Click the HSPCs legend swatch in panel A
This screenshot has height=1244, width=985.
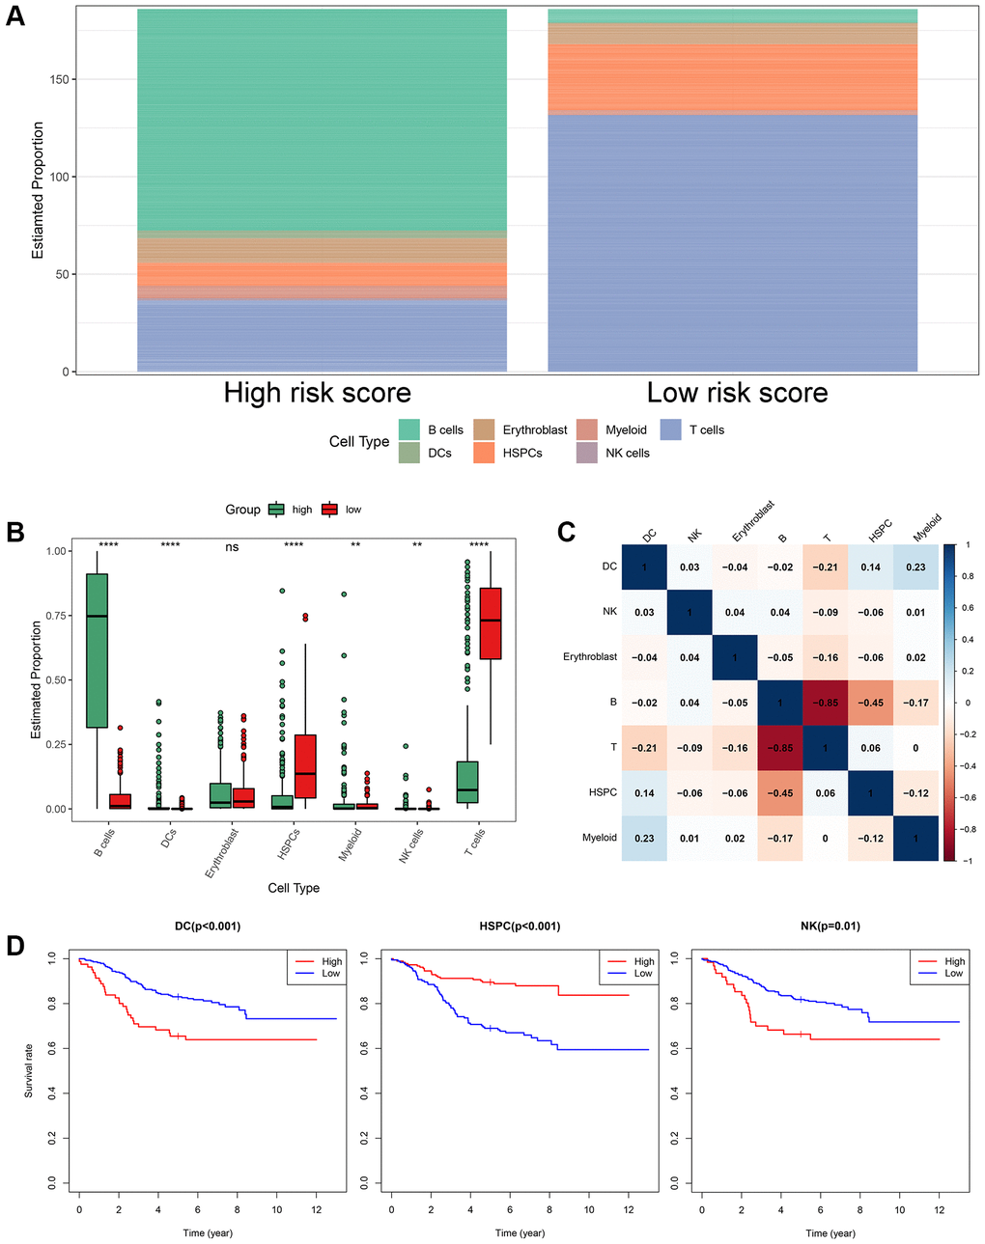click(x=484, y=453)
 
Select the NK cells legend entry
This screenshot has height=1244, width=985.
click(x=627, y=453)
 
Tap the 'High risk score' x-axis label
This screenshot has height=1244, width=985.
click(x=317, y=393)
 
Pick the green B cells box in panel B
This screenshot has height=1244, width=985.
click(x=97, y=650)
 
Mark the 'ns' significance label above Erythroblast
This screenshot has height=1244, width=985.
click(x=232, y=547)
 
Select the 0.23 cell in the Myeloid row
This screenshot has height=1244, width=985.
click(x=644, y=839)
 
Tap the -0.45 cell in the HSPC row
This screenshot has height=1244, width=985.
click(x=780, y=793)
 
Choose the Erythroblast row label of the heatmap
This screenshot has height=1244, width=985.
click(x=589, y=657)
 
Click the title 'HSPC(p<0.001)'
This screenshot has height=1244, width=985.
click(x=520, y=926)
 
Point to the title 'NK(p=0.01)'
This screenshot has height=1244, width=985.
click(x=830, y=926)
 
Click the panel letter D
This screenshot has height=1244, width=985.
click(x=15, y=945)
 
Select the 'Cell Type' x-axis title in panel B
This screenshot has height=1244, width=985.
click(x=294, y=888)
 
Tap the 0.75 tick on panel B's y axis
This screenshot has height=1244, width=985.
click(x=58, y=616)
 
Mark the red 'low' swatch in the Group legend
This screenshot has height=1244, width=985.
click(x=329, y=510)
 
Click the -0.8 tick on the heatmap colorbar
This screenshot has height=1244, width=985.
click(x=967, y=829)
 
